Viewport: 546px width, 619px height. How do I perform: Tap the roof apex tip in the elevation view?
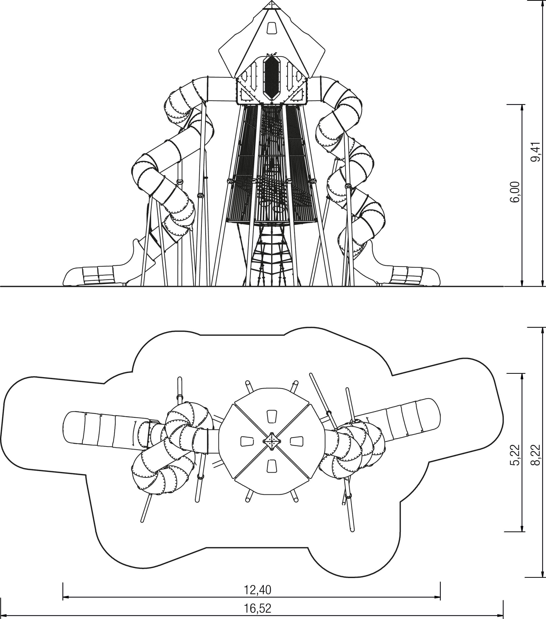(271, 1)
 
